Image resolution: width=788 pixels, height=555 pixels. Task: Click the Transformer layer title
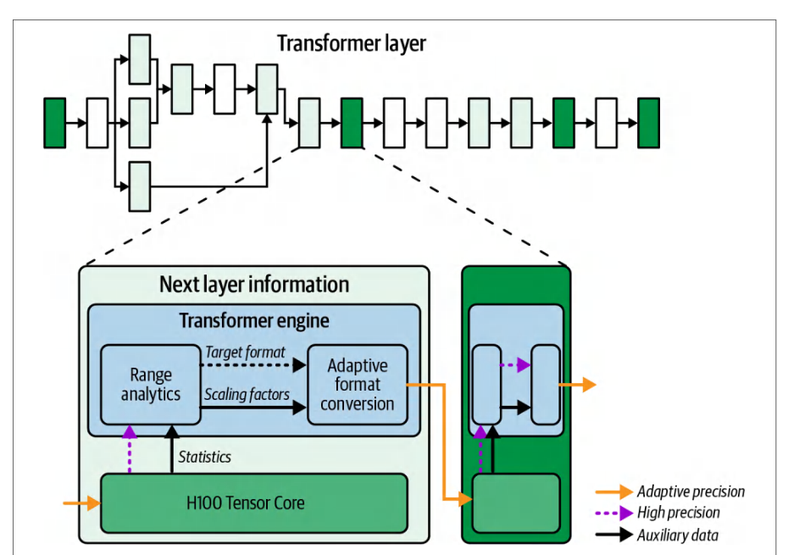[352, 44]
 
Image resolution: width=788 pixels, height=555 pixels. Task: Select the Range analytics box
[151, 385]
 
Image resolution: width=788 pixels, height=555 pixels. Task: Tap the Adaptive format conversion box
[358, 385]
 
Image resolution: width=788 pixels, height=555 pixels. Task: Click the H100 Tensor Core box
[254, 502]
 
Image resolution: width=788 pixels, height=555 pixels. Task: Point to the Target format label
[245, 352]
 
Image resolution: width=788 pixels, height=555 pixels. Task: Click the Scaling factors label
[247, 395]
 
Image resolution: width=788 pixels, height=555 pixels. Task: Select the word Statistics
[204, 457]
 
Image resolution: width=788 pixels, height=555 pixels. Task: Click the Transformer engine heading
[254, 321]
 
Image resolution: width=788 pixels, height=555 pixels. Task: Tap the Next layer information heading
[254, 285]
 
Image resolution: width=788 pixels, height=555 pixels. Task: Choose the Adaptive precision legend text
[691, 491]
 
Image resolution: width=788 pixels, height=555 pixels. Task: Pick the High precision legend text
[679, 513]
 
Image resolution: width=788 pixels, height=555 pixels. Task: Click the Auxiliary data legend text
[678, 535]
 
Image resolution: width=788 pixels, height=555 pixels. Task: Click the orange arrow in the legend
[614, 491]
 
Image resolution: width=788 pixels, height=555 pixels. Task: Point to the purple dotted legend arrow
[614, 513]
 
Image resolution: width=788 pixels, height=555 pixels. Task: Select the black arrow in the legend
[614, 535]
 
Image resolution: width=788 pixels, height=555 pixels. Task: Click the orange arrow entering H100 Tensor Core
[82, 502]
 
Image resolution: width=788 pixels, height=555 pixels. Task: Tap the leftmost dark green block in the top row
[55, 123]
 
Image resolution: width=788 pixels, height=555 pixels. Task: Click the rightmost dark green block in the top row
[649, 123]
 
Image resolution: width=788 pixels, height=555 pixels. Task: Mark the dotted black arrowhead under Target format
[299, 365]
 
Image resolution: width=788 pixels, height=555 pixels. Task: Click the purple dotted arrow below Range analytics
[130, 449]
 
